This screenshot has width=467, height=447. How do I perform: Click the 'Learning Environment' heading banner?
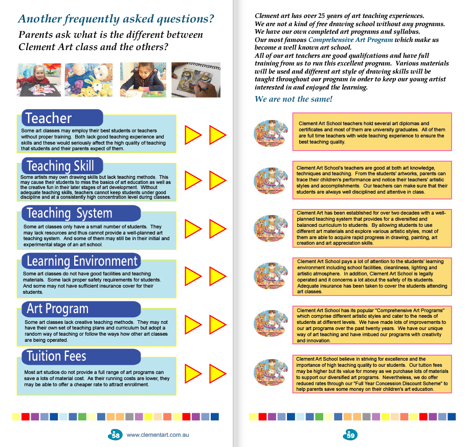point(82,261)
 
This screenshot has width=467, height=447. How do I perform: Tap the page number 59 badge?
point(350,435)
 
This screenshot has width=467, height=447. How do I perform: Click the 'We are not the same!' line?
point(293,99)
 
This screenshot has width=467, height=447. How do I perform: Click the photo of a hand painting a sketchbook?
point(195,80)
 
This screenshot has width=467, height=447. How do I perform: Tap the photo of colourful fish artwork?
point(88,80)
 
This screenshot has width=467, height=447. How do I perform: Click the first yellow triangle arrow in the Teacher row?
point(193,135)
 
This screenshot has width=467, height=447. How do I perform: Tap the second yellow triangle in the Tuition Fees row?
point(218,373)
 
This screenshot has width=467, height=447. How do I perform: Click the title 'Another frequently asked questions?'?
point(116,19)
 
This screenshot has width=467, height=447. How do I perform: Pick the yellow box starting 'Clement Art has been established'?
point(373,228)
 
